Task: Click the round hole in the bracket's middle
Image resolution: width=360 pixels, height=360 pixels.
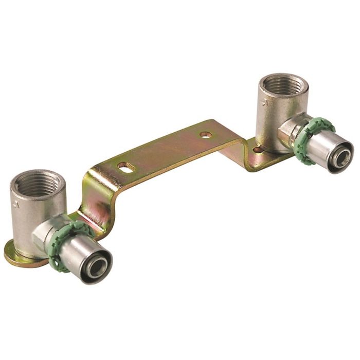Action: coord(206,134)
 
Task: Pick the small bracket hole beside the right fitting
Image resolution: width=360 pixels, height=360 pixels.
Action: coord(257,150)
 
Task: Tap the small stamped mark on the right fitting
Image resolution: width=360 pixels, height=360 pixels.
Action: coord(264,102)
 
